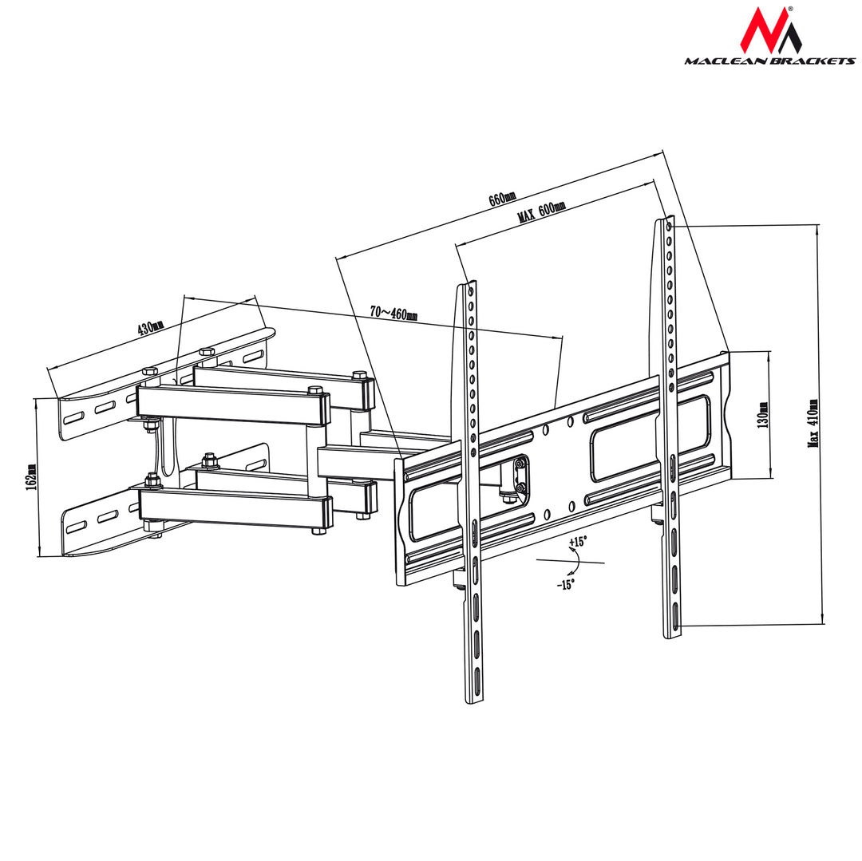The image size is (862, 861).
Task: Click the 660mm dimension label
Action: (x=503, y=199)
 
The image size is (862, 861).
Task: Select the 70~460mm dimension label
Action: (x=393, y=313)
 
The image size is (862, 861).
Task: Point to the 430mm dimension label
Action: (x=150, y=328)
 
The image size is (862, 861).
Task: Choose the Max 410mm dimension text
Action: (x=813, y=423)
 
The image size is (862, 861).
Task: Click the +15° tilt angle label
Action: (x=577, y=542)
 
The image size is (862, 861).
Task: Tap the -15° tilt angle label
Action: (x=565, y=584)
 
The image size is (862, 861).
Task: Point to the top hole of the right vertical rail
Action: (x=669, y=227)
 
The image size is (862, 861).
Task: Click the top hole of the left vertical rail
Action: (x=471, y=291)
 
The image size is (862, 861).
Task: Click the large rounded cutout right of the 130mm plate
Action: (x=650, y=437)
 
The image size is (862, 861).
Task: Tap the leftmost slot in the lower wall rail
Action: (x=77, y=527)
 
